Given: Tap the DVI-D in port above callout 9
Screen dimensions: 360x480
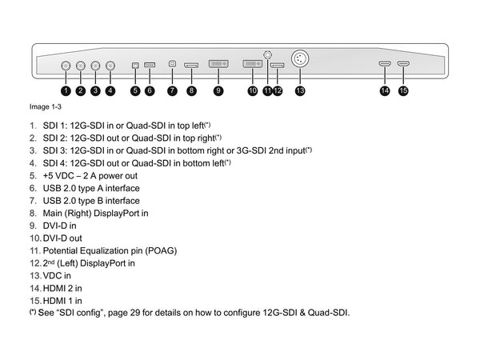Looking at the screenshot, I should pyautogui.click(x=218, y=63).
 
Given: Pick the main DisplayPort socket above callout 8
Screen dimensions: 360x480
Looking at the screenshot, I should pyautogui.click(x=192, y=63).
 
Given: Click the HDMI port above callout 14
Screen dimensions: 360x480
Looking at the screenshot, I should pyautogui.click(x=384, y=63).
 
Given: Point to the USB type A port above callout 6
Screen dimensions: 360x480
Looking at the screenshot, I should pyautogui.click(x=150, y=63).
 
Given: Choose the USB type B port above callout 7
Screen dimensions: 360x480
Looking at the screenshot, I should pyautogui.click(x=172, y=63).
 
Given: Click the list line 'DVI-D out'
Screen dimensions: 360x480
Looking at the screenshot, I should pyautogui.click(x=59, y=238).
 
